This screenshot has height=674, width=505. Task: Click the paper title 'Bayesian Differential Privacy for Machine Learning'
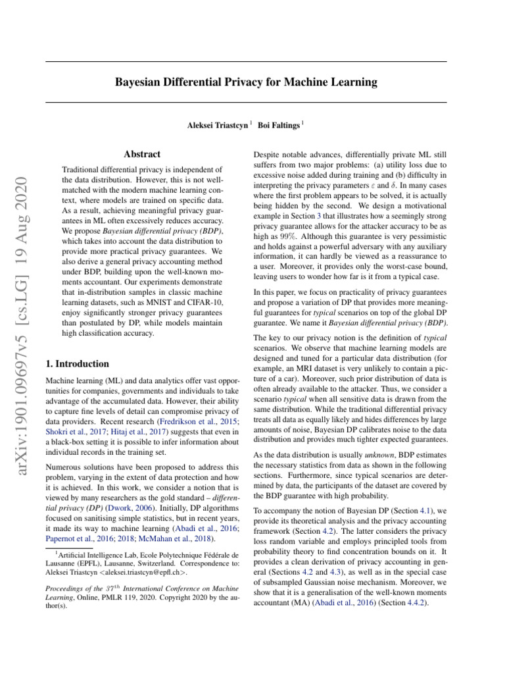(247, 82)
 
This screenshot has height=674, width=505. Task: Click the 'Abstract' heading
(142, 154)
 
